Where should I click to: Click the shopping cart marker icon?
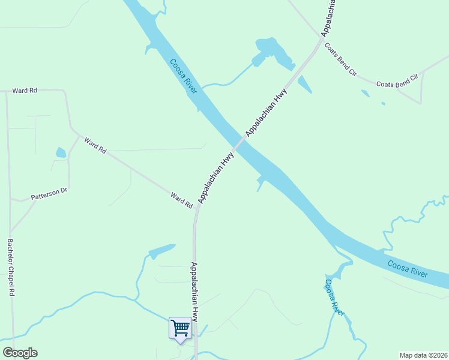tap(180, 328)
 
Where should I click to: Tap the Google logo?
tap(20, 353)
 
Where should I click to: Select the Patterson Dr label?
tap(49, 194)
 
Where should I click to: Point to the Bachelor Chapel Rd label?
tap(10, 268)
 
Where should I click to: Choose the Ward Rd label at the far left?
tap(25, 90)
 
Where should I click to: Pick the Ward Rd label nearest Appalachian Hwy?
tap(181, 200)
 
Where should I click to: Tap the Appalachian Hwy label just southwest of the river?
tap(215, 178)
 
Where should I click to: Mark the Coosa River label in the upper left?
tap(183, 76)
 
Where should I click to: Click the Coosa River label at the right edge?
tap(408, 269)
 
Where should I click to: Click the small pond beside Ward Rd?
tap(61, 153)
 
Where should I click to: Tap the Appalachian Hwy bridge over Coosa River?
tap(240, 143)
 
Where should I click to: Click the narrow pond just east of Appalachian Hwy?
tap(304, 85)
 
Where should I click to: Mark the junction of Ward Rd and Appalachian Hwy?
tap(196, 209)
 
